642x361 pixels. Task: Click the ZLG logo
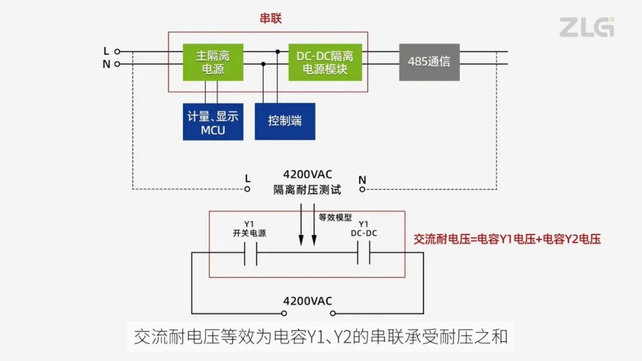point(586,27)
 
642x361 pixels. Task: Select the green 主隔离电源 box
point(212,62)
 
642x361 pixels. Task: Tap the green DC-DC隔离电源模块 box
point(325,62)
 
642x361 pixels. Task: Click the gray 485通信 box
point(429,61)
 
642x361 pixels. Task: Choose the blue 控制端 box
point(285,121)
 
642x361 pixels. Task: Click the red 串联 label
point(270,18)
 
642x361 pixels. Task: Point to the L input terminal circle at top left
point(117,52)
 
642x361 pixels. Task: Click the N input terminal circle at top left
point(117,64)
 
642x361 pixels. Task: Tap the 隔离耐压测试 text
point(307,190)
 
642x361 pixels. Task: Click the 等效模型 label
point(335,218)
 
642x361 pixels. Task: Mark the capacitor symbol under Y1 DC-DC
point(364,256)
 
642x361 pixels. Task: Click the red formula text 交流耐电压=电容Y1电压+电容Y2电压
point(507,239)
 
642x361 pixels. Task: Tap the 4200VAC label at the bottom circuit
point(307,300)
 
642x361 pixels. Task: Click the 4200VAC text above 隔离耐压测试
point(307,175)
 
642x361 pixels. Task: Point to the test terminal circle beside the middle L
point(248,190)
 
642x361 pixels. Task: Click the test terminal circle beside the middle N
point(362,190)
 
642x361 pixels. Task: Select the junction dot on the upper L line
point(278,52)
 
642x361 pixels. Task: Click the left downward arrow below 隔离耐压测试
point(301,226)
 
